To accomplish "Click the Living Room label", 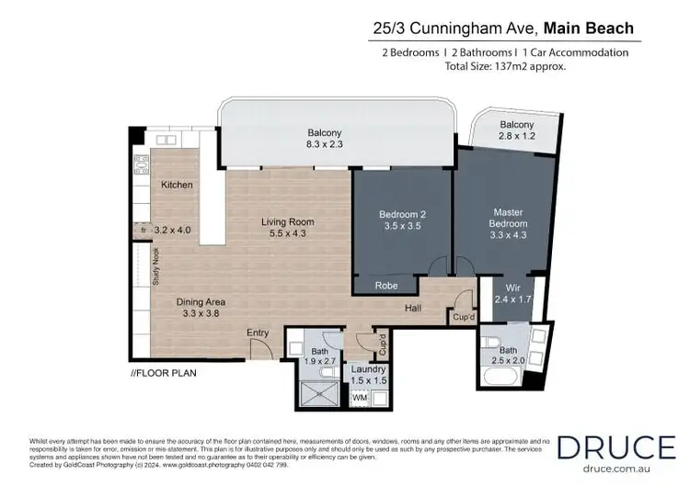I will click(x=287, y=221).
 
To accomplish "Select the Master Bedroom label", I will click(x=508, y=217).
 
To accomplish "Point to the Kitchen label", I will click(x=177, y=185).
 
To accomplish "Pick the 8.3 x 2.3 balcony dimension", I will click(x=324, y=144).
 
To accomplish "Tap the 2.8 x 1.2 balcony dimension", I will click(x=516, y=136).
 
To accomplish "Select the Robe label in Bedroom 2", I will click(x=386, y=286).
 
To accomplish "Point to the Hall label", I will click(x=413, y=309).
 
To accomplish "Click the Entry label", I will click(x=258, y=333).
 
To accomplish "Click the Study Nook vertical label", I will click(x=155, y=267).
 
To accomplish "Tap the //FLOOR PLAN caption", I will click(x=163, y=374).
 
